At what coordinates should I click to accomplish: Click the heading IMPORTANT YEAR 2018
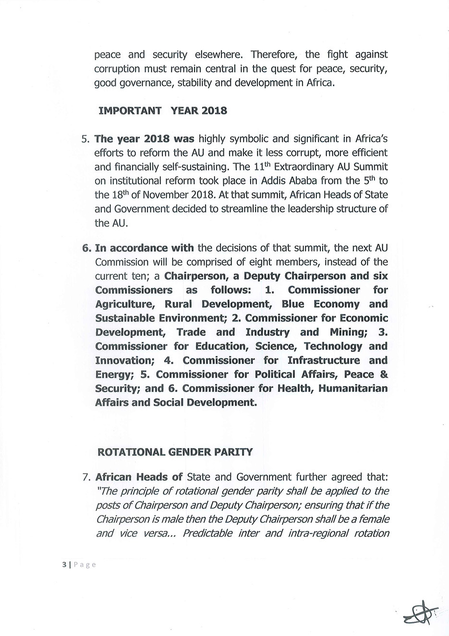tap(162, 111)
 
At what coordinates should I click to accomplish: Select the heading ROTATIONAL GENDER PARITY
tap(174, 452)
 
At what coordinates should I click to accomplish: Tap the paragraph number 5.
tap(85, 139)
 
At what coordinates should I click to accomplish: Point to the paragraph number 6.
tap(86, 248)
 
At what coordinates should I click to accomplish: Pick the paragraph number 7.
tap(86, 477)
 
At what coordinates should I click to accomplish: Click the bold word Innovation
tap(123, 361)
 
